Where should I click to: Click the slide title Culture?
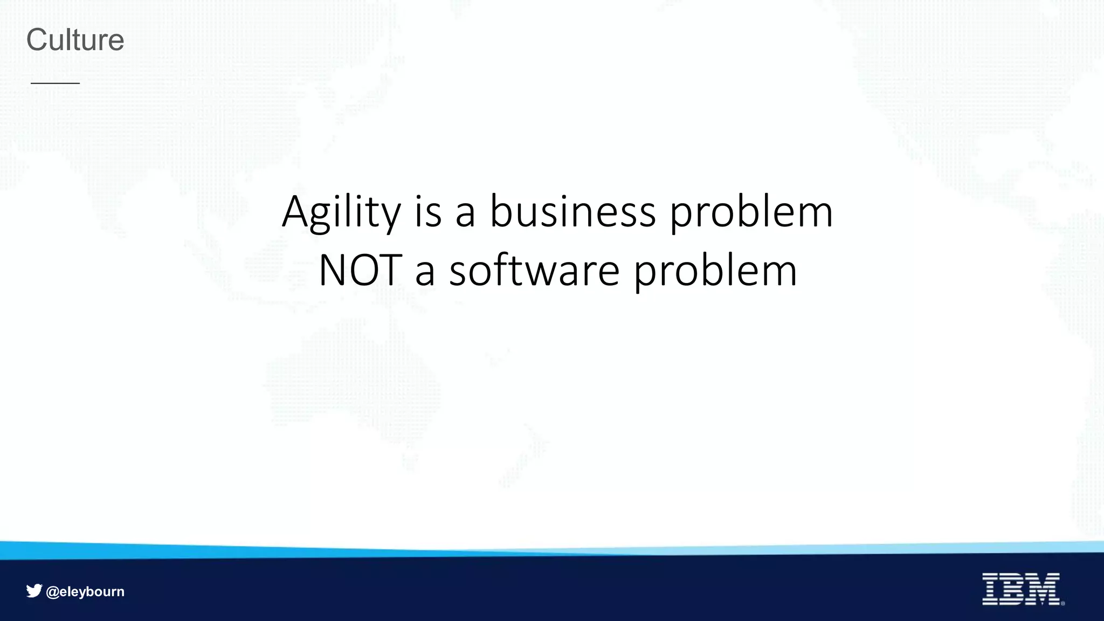75,40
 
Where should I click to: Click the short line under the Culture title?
55,83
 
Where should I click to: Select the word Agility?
341,212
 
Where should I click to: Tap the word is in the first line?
428,211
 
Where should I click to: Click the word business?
572,211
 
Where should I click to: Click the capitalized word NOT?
360,270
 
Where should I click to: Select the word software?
534,270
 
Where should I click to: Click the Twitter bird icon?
34,591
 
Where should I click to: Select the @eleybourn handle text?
85,591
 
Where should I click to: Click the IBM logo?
1020,589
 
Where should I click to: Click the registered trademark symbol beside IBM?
1062,603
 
